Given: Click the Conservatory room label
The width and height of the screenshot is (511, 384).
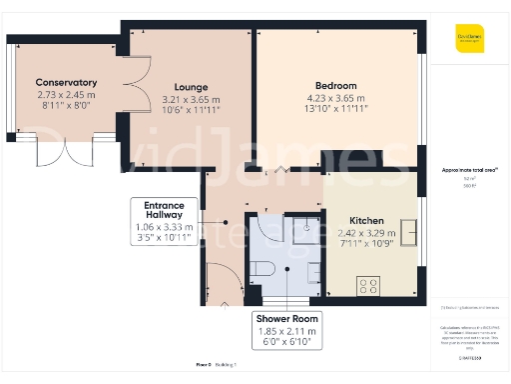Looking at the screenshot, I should [66, 82].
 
